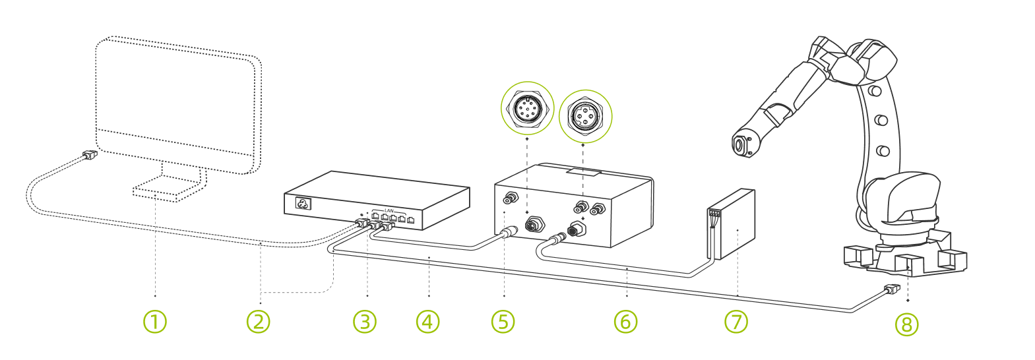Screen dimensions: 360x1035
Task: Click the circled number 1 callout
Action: click(155, 322)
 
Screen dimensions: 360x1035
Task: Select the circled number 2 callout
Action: click(258, 322)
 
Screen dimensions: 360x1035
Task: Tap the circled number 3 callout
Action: click(364, 322)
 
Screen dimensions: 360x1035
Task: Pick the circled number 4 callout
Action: click(427, 322)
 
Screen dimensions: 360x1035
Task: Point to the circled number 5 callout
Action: click(503, 322)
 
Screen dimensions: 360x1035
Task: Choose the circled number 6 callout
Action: click(625, 322)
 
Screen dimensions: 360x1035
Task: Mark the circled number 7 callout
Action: click(736, 322)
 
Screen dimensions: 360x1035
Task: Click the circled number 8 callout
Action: click(906, 324)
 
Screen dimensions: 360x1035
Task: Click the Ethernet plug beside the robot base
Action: click(891, 289)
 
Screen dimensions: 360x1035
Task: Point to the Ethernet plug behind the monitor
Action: click(90, 155)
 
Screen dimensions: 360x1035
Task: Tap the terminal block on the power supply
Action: click(714, 213)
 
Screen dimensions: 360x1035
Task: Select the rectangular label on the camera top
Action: click(584, 173)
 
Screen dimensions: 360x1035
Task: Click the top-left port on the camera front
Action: click(511, 196)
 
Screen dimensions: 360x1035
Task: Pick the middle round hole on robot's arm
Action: click(879, 121)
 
